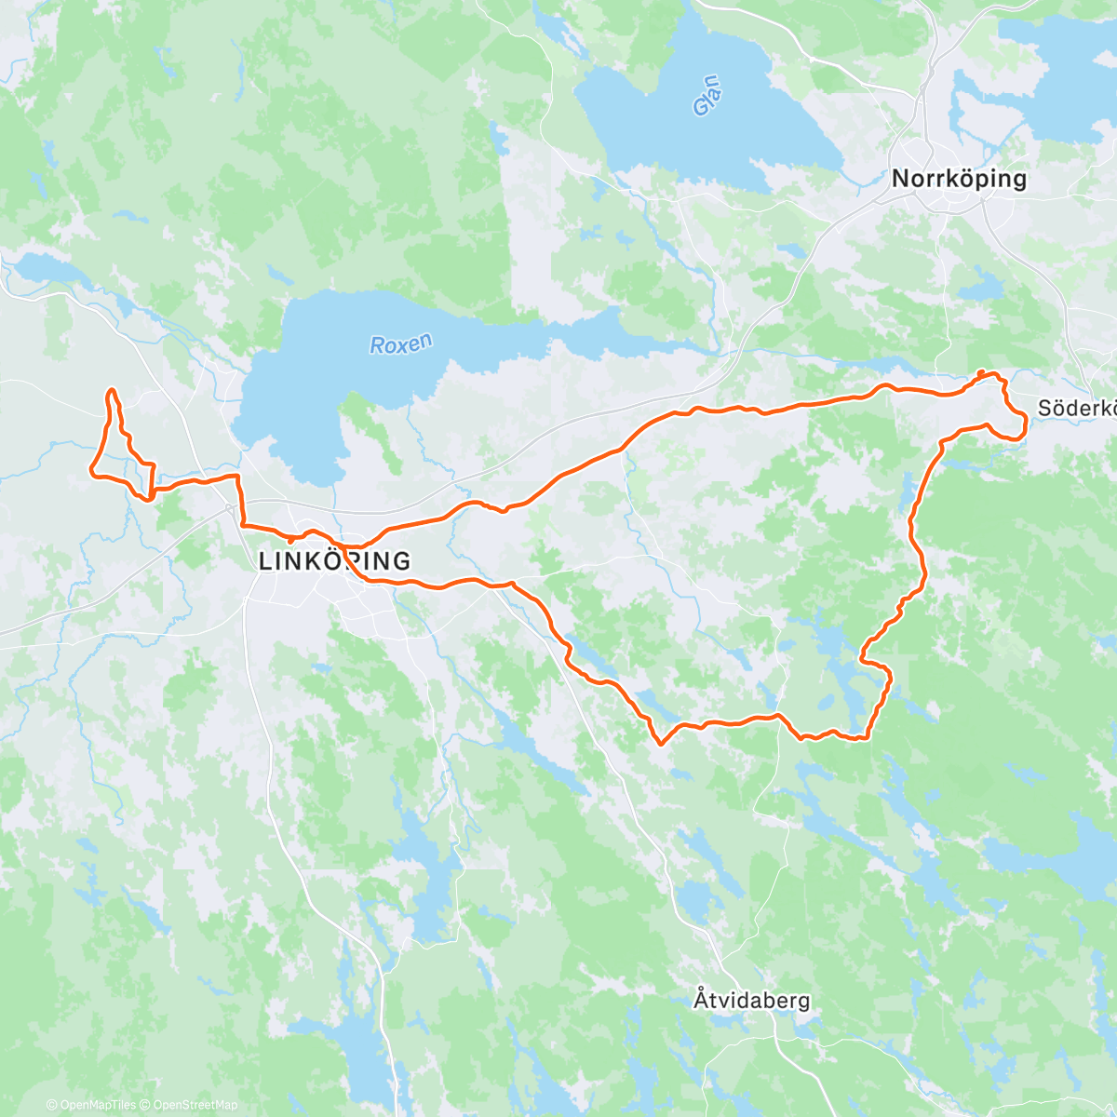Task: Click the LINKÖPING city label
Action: (x=334, y=561)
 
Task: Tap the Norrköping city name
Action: (x=959, y=179)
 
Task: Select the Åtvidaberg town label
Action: (x=751, y=1001)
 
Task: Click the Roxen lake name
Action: (x=401, y=344)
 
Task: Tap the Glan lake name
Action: (x=707, y=96)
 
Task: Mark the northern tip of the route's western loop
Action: (x=112, y=391)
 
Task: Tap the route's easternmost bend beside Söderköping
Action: (x=1025, y=426)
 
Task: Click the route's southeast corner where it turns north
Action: (x=868, y=736)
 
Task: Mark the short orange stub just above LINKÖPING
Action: (x=290, y=539)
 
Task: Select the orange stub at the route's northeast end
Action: (x=980, y=373)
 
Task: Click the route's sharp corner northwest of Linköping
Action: (x=237, y=478)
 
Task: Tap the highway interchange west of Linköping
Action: (x=230, y=508)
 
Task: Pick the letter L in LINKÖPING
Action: (x=265, y=561)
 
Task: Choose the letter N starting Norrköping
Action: (x=900, y=179)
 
